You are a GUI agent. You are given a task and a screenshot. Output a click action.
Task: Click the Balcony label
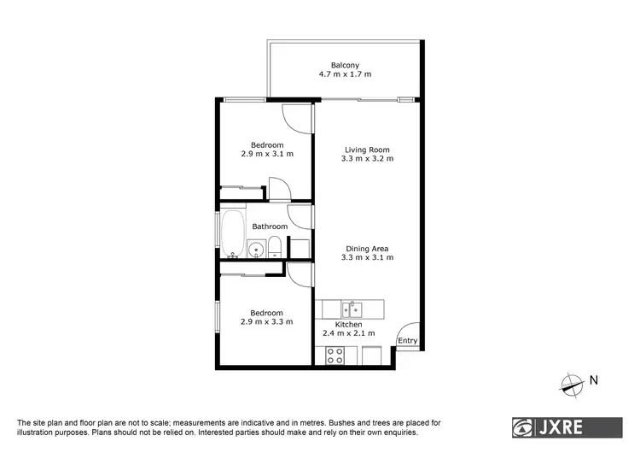(346, 65)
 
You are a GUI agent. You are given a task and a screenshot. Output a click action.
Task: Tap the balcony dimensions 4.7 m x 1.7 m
(346, 75)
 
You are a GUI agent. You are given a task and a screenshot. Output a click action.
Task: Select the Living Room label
(366, 150)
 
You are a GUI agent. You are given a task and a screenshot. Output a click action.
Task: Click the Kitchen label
(348, 325)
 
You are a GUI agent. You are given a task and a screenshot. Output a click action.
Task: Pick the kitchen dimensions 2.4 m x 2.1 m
(349, 334)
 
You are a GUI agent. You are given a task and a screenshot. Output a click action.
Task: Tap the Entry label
(408, 341)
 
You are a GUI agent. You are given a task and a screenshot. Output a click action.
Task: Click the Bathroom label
(270, 226)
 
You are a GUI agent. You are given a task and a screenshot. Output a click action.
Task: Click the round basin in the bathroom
(255, 250)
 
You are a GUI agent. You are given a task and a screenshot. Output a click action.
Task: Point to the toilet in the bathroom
(276, 249)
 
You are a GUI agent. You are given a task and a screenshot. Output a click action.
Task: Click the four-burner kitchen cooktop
(335, 354)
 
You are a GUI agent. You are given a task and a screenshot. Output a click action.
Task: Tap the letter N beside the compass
(595, 381)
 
